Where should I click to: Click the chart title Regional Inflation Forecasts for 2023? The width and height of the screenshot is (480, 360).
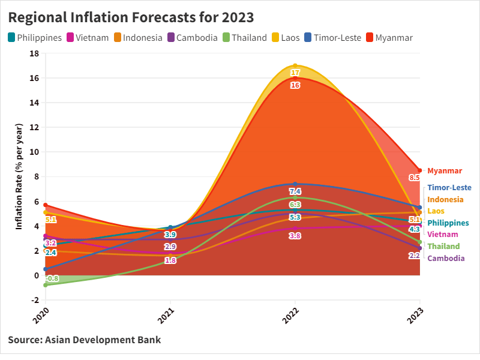(131, 17)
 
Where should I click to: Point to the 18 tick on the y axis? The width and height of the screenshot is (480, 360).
(34, 53)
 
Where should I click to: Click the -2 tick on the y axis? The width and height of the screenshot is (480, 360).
(34, 300)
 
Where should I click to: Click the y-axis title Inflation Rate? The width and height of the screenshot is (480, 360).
(19, 176)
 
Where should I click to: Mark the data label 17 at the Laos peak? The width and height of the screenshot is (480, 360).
(295, 73)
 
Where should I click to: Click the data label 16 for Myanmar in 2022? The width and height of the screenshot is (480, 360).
(295, 85)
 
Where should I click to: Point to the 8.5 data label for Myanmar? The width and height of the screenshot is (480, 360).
(414, 178)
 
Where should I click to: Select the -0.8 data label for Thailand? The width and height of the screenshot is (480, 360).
(52, 278)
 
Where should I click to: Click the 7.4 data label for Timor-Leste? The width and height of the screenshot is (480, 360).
(295, 191)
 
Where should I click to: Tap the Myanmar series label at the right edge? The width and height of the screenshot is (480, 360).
(445, 171)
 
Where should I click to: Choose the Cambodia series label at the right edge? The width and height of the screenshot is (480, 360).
(446, 259)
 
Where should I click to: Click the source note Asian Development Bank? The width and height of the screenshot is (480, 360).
(85, 340)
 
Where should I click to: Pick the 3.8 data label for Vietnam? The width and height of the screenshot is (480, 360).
(295, 236)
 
